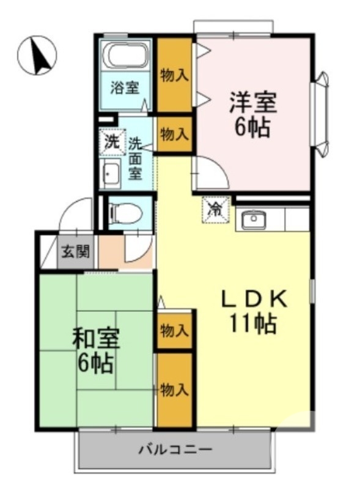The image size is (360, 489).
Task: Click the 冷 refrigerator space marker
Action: [216, 208]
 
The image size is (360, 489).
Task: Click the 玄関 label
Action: [76, 251]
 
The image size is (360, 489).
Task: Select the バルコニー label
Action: [175, 450]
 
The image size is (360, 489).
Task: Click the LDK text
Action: [253, 299]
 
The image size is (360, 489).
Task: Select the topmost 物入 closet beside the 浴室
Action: [174, 75]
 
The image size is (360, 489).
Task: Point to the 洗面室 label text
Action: [135, 158]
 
